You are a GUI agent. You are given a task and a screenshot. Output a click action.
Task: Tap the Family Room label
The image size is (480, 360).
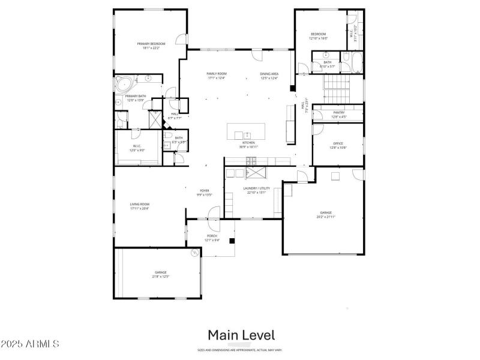(199, 74)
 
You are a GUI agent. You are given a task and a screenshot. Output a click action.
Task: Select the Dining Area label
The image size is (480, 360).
(269, 74)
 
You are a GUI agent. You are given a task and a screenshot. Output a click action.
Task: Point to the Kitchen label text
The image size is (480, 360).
(248, 143)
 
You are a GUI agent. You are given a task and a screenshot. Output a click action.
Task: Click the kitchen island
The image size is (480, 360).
(246, 131)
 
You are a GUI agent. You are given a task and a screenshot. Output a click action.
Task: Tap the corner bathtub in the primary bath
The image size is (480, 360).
(124, 83)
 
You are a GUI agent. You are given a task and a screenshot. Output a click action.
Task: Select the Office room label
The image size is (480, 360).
(338, 143)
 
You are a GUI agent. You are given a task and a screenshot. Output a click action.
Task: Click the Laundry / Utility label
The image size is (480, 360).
(256, 188)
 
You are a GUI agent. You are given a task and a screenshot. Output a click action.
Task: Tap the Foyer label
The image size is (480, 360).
(205, 191)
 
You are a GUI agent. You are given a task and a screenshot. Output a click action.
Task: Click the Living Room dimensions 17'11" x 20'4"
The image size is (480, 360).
(140, 209)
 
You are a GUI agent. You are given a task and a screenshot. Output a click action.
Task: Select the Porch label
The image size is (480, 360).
(212, 236)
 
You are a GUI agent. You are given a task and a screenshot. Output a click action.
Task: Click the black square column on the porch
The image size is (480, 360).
(232, 241)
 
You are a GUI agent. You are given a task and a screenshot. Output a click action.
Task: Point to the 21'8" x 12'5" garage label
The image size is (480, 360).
(160, 276)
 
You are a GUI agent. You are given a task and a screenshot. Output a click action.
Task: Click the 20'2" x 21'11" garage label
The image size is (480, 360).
(326, 217)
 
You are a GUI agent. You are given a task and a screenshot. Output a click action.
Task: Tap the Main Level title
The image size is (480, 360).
(241, 335)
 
